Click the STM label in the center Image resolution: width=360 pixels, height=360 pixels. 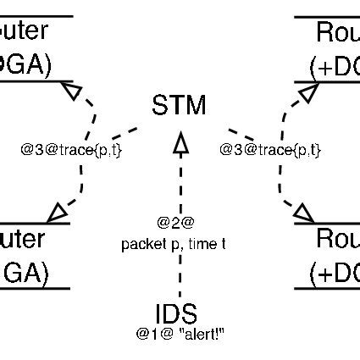(179, 106)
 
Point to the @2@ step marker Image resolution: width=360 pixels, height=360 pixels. (175, 223)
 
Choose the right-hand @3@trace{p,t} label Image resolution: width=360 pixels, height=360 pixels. (270, 150)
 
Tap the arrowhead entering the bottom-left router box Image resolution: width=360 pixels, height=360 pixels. (59, 209)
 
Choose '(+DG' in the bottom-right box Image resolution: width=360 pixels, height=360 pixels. (335, 273)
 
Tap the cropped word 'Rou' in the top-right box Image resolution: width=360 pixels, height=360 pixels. (337, 32)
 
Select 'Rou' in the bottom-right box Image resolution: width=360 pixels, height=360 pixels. (337, 240)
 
